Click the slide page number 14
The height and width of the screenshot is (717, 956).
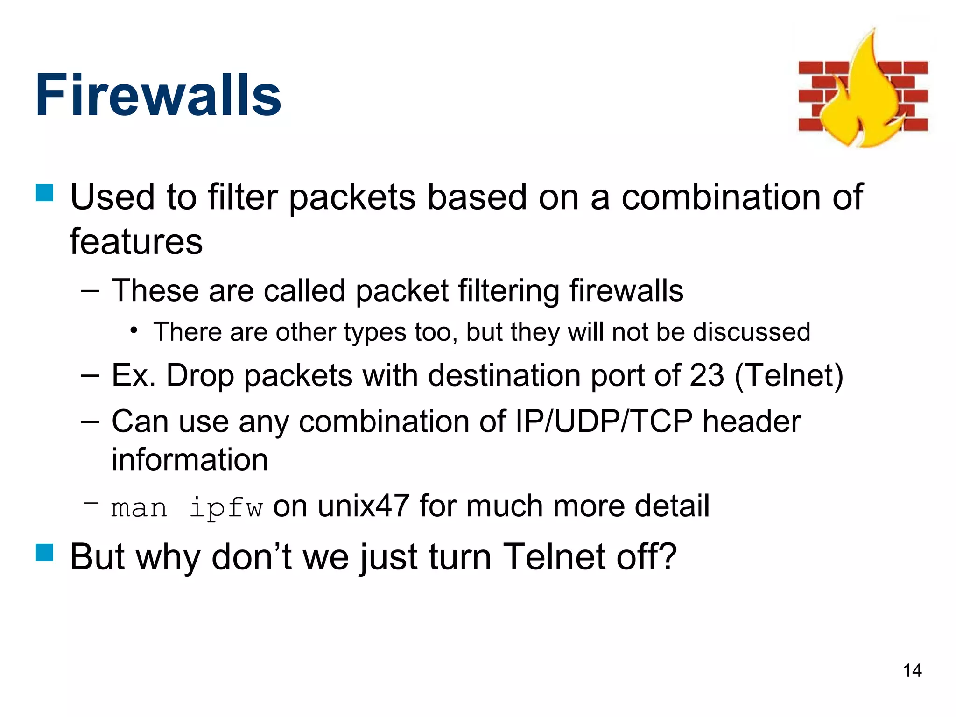(912, 671)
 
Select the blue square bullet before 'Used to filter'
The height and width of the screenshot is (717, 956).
(45, 193)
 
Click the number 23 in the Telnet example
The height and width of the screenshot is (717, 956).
(706, 375)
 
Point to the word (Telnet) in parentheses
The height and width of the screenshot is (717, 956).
(788, 375)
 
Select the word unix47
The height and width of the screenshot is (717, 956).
(364, 506)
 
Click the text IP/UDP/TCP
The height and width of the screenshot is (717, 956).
(604, 421)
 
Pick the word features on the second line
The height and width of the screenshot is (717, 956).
(136, 242)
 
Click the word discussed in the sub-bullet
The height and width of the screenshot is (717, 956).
(751, 332)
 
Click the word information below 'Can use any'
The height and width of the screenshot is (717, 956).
(190, 459)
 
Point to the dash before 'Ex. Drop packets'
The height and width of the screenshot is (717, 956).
(90, 375)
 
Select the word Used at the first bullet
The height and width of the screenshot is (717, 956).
(112, 197)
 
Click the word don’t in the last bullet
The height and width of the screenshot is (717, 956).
(252, 556)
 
